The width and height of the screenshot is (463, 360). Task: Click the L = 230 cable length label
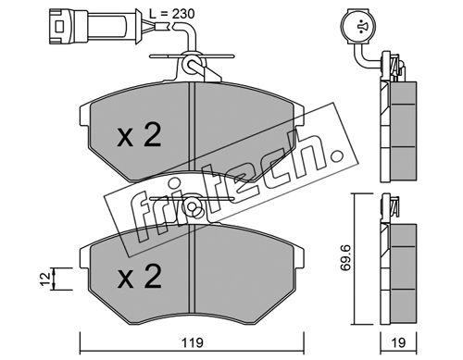point(171,14)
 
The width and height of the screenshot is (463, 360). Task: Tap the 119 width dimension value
point(192,342)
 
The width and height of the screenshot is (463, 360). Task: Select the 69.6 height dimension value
point(344,257)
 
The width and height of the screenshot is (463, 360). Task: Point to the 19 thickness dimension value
point(398,342)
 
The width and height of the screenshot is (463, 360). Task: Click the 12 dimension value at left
point(45,279)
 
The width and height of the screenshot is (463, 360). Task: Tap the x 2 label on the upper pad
point(139,135)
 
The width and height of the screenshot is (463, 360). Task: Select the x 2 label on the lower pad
point(139,277)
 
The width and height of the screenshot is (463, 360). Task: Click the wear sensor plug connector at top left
point(93,26)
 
